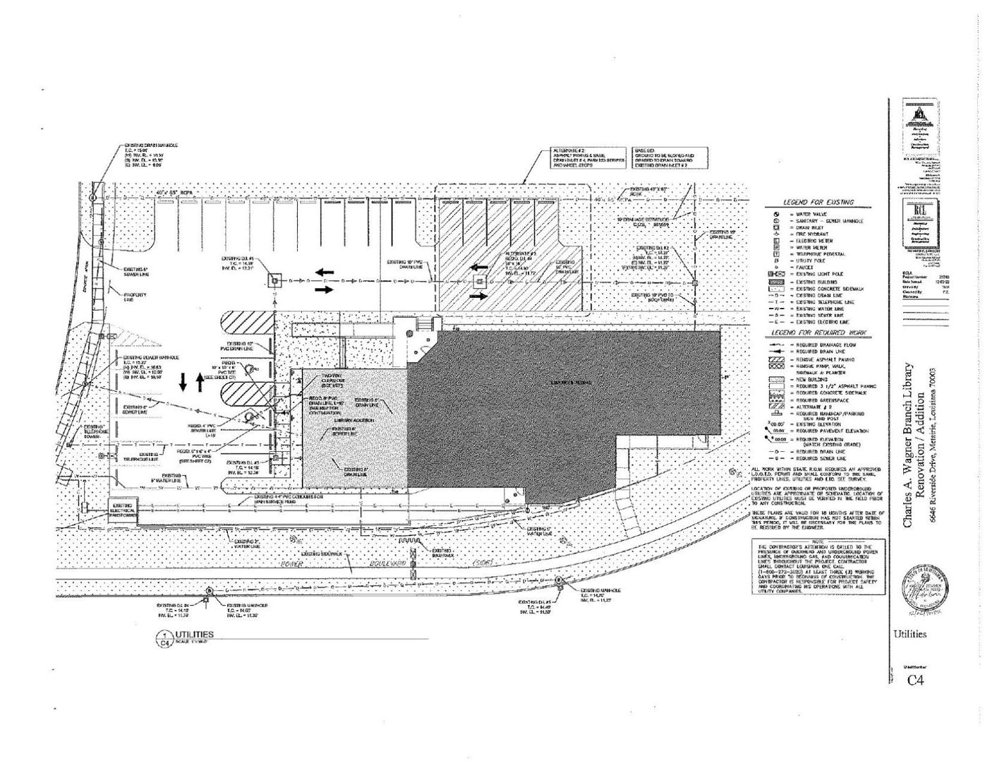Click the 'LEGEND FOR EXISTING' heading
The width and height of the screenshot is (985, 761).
[818, 203]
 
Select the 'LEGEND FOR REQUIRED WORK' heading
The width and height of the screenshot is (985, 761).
[818, 332]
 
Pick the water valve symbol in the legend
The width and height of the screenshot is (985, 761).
[776, 214]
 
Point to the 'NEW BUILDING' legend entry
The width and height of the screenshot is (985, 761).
[811, 379]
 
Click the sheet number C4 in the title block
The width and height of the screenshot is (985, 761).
[915, 680]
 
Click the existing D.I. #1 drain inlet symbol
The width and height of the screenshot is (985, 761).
[273, 282]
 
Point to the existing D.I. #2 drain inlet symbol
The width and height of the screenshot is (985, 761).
[695, 283]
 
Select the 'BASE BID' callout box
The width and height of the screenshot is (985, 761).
[664, 157]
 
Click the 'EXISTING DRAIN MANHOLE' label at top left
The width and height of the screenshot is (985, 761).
[151, 145]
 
